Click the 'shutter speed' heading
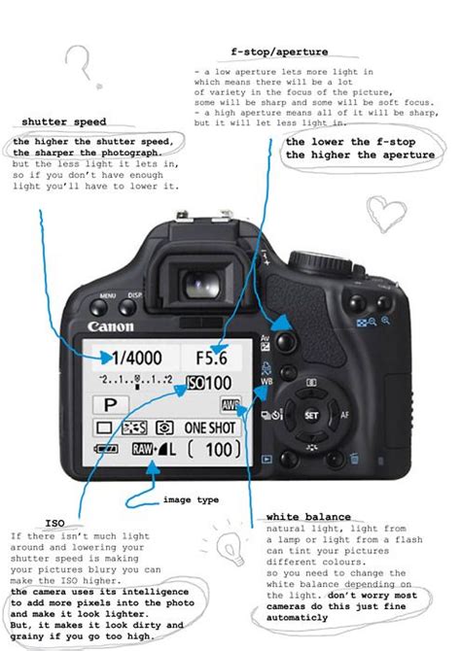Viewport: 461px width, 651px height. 63,122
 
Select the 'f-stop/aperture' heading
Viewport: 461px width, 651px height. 278,51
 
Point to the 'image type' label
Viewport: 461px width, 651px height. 191,499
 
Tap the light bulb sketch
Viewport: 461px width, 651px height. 230,546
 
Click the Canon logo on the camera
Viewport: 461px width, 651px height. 111,326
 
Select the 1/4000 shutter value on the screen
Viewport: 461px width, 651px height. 135,357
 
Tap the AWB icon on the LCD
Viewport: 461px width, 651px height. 230,405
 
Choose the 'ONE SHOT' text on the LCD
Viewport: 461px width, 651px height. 209,427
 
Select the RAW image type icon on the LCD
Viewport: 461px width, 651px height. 143,449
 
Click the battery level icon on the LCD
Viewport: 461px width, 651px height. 104,449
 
